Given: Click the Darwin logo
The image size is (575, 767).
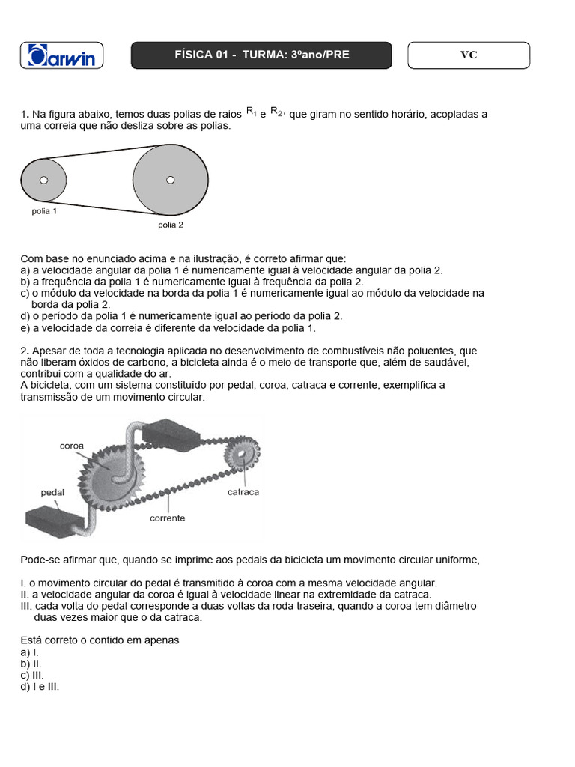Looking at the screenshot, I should pos(62,56).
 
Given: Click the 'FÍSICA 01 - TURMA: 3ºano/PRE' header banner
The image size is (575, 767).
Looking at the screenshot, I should pos(261,55).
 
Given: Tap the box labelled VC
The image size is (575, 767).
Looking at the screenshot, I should pos(468,55).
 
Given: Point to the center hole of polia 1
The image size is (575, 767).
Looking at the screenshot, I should pos(43,180).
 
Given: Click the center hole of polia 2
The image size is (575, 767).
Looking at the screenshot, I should pos(170,180).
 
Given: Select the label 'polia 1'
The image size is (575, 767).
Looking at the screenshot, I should pos(44,211).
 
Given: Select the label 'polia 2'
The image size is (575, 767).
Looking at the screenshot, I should pos(170,225).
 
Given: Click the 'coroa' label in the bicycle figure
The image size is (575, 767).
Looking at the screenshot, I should pos(72,445).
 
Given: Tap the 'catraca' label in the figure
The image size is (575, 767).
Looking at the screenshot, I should pos(243,492).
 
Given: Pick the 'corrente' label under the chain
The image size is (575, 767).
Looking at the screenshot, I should pos(167,518).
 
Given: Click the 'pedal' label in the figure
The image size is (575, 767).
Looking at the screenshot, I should pos(52,493).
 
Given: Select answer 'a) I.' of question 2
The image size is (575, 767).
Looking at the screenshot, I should pos(30,652).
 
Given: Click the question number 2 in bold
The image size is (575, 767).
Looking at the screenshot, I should pos(24,351).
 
